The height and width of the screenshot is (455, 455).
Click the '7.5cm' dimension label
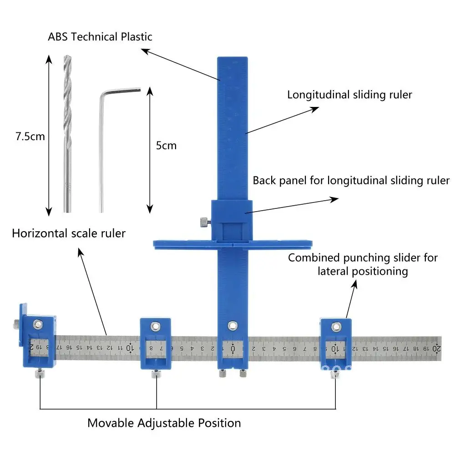tap(30, 136)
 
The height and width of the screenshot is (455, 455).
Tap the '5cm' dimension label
tap(166, 146)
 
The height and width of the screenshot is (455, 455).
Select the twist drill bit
tap(67, 132)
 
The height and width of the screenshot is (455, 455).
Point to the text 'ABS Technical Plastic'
tap(100, 37)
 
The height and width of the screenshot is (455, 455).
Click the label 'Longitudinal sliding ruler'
tap(349, 95)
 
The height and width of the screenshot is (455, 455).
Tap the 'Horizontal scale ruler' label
tap(69, 233)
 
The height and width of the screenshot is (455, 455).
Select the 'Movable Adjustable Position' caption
tap(164, 423)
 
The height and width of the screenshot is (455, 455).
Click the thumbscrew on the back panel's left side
tap(203, 222)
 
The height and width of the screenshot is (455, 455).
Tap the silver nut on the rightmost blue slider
tap(336, 326)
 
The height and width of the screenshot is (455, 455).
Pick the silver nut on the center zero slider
tap(233, 325)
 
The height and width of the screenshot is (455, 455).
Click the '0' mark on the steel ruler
tap(233, 349)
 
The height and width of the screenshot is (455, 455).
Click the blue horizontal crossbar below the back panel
tap(182, 244)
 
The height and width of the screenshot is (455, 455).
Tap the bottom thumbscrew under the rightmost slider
tap(335, 374)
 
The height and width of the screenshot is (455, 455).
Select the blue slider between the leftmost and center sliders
tap(155, 344)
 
